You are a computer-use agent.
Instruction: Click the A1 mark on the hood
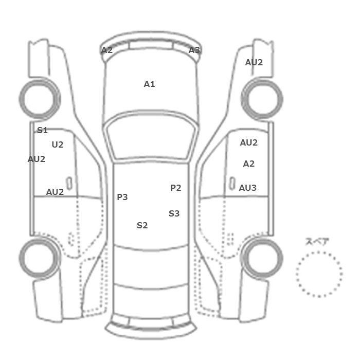pos(150,84)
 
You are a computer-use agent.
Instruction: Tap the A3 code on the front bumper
pos(194,50)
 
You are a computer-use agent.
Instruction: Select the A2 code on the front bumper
pos(107,50)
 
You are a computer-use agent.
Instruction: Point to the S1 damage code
pos(42,130)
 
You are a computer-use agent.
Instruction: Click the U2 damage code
pos(58,145)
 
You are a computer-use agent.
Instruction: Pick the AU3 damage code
pos(248,188)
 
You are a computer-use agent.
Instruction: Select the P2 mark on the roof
pos(176,188)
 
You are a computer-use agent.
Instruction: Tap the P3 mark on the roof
pos(122,197)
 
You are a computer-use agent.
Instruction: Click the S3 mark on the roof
pos(174,213)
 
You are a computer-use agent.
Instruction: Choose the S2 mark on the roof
pos(142,225)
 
